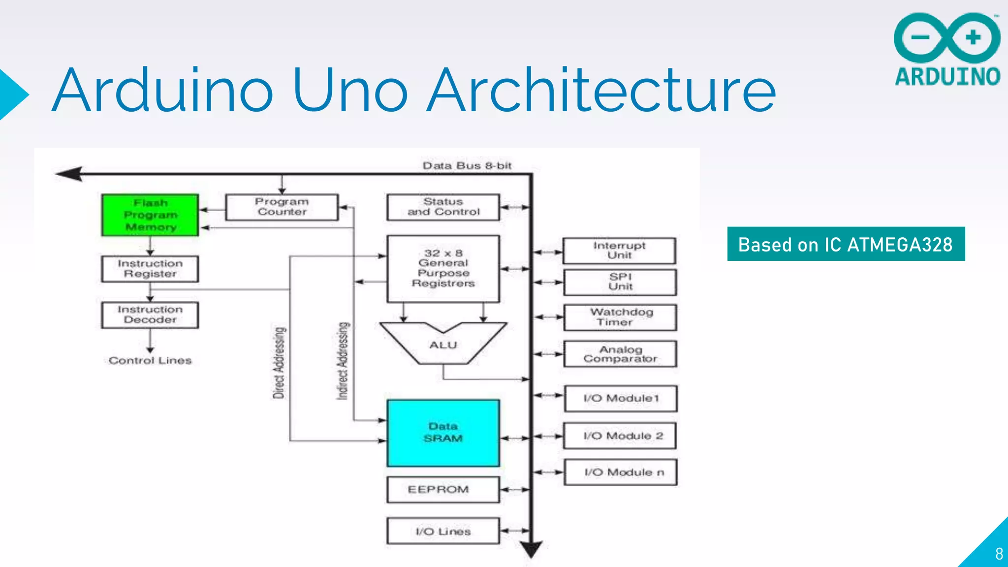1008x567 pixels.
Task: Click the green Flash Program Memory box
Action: (x=150, y=215)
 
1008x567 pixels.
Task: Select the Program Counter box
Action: (x=282, y=207)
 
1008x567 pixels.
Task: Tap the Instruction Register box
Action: (x=150, y=269)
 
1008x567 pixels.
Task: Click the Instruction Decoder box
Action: (x=150, y=315)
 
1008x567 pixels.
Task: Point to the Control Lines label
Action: (x=150, y=361)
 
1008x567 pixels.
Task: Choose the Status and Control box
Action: (x=443, y=207)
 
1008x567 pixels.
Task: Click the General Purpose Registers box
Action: (x=443, y=269)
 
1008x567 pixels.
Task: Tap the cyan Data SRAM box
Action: (x=443, y=433)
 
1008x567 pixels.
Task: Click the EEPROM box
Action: (x=443, y=490)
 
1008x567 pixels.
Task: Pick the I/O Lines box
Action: (x=443, y=532)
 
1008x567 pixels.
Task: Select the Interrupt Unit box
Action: (x=619, y=251)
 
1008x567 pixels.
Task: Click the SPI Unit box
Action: (x=620, y=282)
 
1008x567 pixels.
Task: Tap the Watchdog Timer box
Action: (x=620, y=317)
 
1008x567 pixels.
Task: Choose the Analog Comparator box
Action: (x=620, y=354)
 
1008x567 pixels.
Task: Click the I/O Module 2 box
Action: (x=620, y=436)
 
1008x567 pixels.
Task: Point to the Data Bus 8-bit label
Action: (x=467, y=166)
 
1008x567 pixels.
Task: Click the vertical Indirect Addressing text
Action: (x=343, y=361)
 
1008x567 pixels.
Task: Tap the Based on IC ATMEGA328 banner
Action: (x=846, y=244)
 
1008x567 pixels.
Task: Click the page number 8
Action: (x=999, y=554)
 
